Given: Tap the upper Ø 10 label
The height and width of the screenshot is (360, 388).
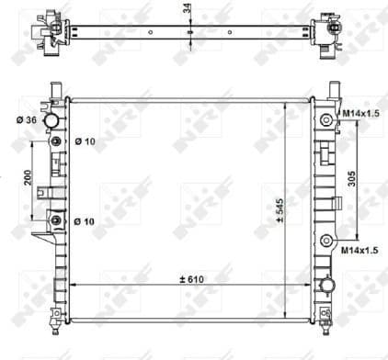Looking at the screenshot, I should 82,141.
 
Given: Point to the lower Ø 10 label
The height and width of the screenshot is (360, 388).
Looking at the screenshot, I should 82,221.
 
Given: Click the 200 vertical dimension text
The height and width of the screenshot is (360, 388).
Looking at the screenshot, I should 29,180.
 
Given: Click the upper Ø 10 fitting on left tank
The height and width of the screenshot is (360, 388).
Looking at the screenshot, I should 57,141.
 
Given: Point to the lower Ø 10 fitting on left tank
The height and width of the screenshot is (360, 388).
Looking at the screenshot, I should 57,221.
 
